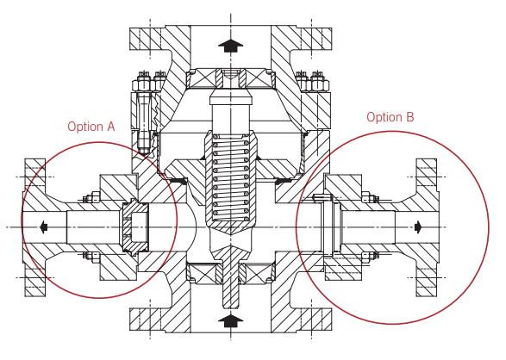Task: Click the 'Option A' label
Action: click(91, 127)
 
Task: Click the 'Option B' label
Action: click(390, 117)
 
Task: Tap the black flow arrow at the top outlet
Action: click(230, 46)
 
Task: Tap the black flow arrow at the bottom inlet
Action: click(230, 321)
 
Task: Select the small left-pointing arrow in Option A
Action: click(44, 227)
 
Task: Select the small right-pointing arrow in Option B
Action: click(418, 227)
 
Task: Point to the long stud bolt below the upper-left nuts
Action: click(143, 121)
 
